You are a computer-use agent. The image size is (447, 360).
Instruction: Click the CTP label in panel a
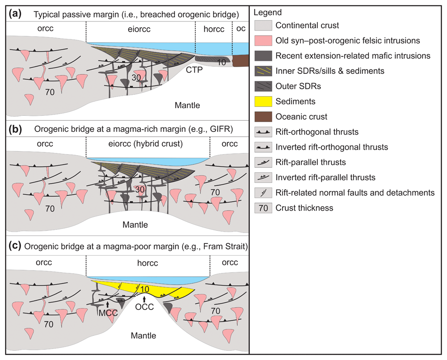click(194, 70)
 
